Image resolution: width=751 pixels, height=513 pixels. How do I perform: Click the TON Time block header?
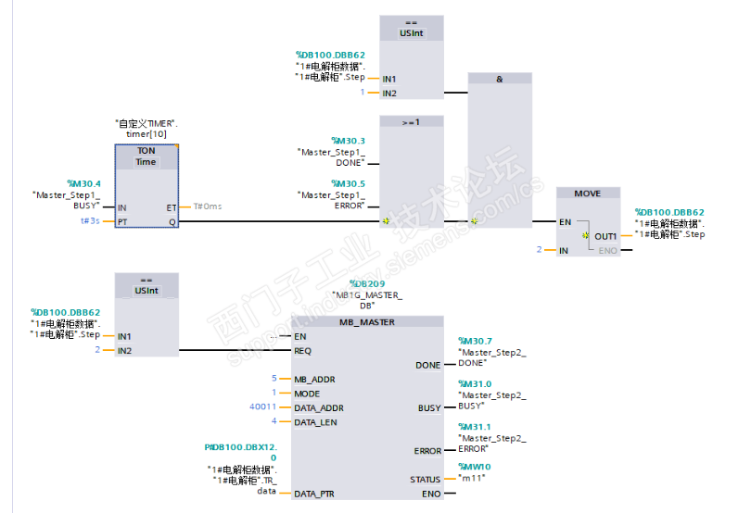click(146, 156)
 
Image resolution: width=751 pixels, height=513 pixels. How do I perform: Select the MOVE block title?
click(587, 194)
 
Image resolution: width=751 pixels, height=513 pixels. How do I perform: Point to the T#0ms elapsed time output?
click(208, 206)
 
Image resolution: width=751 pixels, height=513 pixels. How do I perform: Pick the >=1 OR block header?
click(412, 122)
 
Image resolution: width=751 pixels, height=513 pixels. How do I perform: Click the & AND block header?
click(500, 80)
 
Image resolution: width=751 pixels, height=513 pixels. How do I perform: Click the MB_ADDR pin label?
click(314, 379)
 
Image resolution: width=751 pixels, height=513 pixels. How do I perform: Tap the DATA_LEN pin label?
click(315, 422)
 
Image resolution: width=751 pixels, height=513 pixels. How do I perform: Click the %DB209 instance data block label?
click(367, 283)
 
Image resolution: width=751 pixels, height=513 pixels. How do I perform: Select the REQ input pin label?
click(303, 350)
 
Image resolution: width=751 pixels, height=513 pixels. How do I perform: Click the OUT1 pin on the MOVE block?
click(605, 236)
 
